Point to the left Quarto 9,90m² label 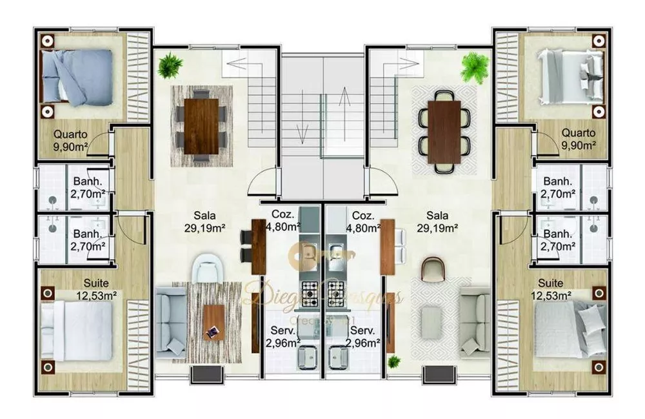click(71, 139)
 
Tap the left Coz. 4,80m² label click(282, 220)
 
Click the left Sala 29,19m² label click(206, 221)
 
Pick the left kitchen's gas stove click(310, 292)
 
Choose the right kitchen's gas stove click(337, 292)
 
